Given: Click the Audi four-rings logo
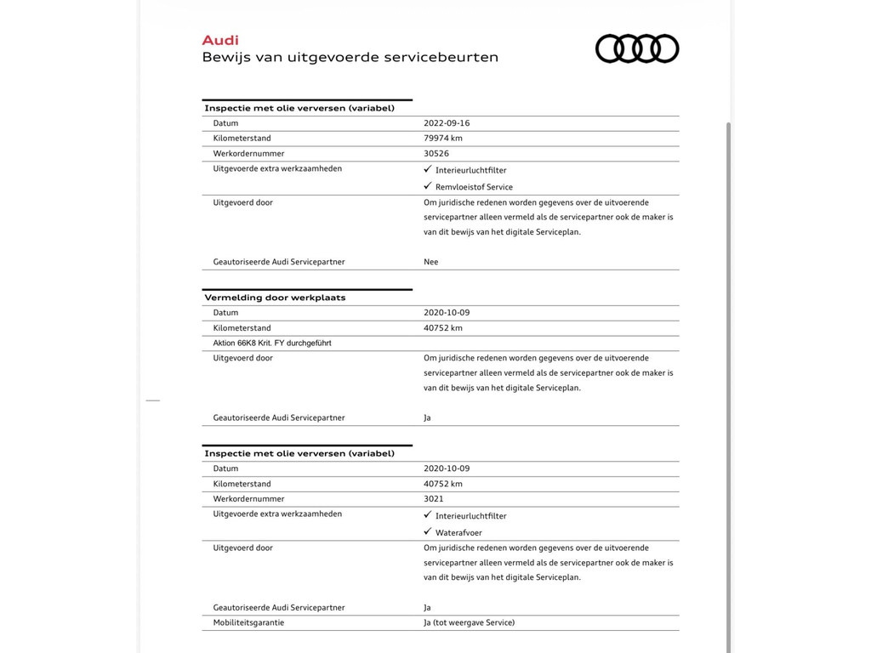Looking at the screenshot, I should coord(637,48).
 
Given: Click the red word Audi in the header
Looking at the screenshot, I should coord(220,40).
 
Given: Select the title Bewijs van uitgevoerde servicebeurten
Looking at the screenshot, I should coord(350,58).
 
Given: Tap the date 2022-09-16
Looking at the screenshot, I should coord(447,123).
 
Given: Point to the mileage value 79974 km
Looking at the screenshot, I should coord(443,139).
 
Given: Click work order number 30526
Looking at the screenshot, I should coord(436,154).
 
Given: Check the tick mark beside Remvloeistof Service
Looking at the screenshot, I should coord(427,185).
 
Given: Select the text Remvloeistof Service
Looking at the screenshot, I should coord(474,187).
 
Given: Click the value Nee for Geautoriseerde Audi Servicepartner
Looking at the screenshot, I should coord(431,262).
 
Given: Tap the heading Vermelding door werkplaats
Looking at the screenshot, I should coord(275,298).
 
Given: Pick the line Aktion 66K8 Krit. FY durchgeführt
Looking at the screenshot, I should coord(272,344).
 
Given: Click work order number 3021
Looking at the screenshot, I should coord(434,499).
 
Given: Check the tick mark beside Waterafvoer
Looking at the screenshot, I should coord(427,531).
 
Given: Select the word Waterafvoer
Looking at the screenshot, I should coord(458,533).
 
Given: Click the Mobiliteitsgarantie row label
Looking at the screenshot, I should coord(248,622).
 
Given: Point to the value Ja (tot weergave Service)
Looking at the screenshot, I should coord(469,622).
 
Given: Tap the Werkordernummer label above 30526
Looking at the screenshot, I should coord(248,154).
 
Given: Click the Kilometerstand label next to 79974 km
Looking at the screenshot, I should coord(242,139).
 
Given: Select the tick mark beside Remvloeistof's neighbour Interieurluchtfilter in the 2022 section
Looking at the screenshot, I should coord(427,168).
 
